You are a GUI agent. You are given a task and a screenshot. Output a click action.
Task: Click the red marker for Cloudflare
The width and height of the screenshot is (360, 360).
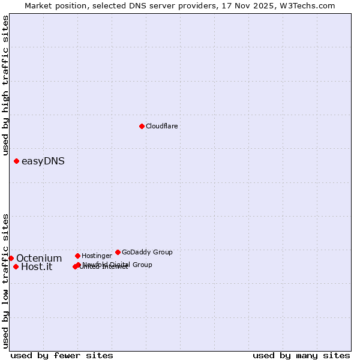click(142, 126)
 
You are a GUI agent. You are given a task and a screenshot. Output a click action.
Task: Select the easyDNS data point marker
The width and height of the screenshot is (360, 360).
click(16, 161)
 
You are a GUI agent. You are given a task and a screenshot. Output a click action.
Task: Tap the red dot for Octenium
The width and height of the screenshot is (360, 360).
click(11, 258)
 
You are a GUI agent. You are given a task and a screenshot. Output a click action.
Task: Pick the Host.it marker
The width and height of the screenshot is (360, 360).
click(16, 266)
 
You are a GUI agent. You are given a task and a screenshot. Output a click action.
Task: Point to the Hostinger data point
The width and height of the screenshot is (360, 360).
click(77, 256)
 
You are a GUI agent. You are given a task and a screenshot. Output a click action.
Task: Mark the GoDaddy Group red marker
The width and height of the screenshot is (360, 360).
click(118, 252)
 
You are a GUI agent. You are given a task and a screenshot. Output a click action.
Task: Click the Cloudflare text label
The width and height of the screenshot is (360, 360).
click(161, 126)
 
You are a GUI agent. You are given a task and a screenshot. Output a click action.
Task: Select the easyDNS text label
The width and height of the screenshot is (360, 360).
click(43, 161)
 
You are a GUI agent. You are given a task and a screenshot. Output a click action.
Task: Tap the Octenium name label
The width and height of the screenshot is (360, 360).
click(39, 258)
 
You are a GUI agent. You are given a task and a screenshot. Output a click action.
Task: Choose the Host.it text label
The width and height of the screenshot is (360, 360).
click(37, 267)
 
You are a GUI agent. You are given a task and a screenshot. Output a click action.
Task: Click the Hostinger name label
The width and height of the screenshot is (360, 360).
click(97, 256)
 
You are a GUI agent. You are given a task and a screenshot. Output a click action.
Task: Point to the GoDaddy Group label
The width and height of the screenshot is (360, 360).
click(147, 252)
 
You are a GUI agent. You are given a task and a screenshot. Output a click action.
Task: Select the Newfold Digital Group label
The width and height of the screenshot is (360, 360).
click(118, 265)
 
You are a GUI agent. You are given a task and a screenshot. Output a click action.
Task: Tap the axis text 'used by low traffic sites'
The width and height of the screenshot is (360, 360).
click(5, 281)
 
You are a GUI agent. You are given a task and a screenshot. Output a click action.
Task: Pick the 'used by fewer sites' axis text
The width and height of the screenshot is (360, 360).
click(62, 355)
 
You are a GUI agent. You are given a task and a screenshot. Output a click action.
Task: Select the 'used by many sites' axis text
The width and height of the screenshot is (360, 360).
click(301, 355)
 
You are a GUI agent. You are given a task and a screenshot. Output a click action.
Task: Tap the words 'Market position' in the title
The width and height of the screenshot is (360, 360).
click(53, 5)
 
